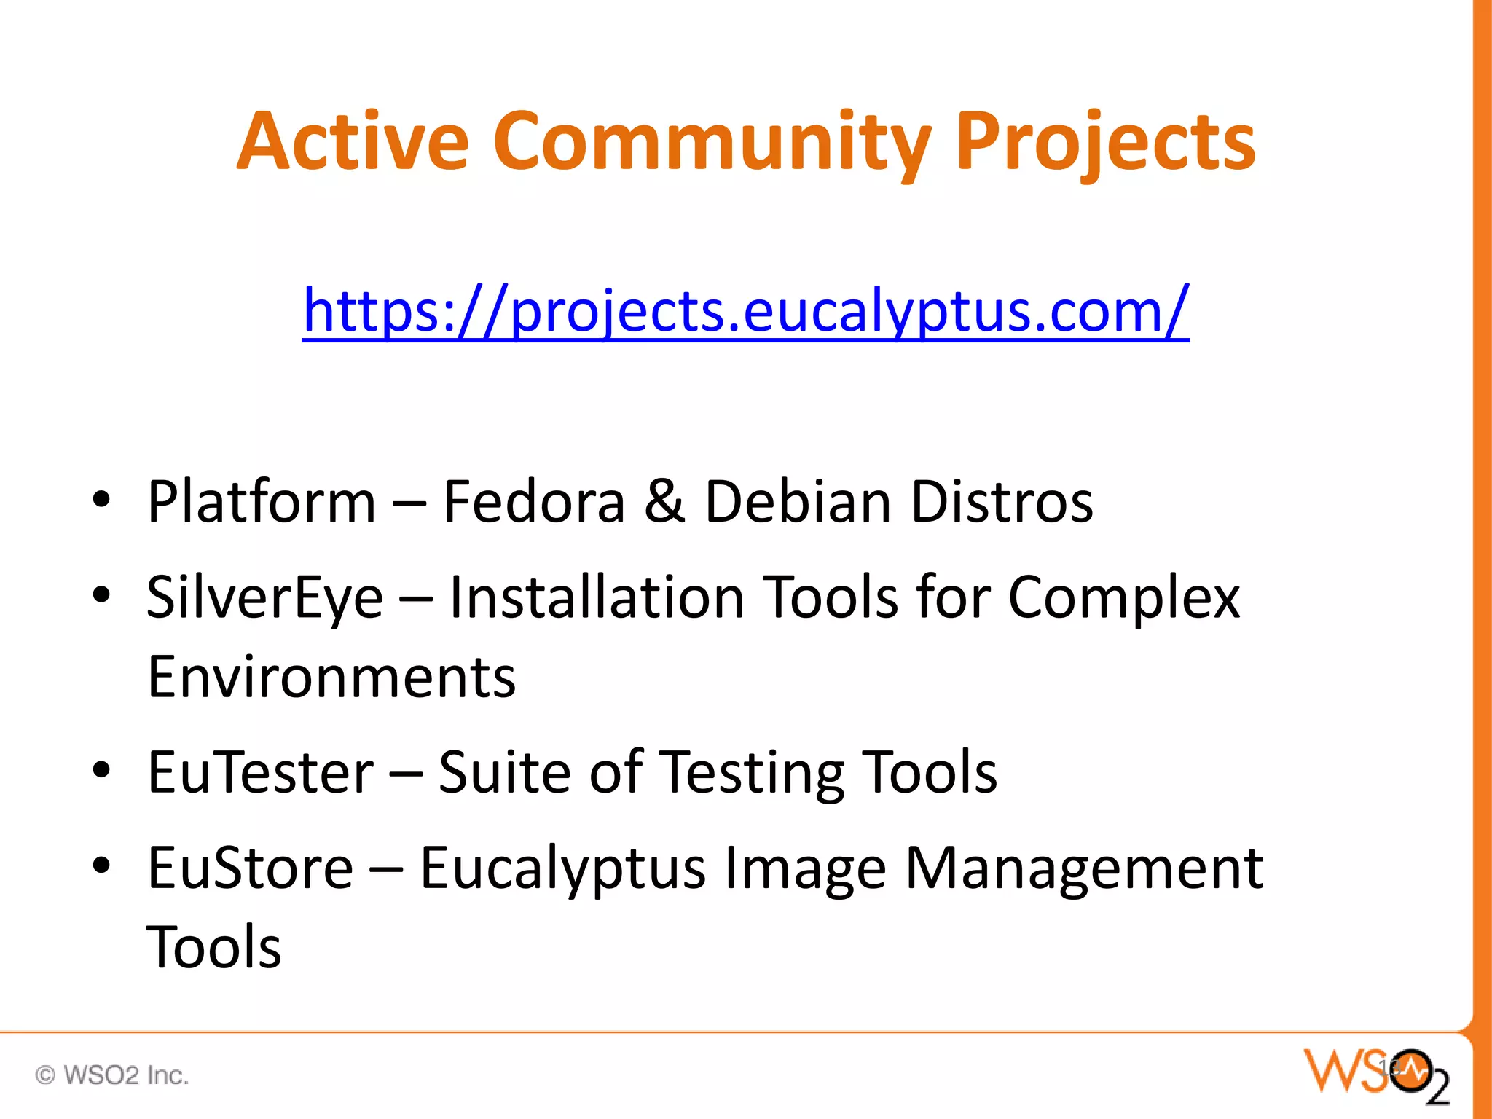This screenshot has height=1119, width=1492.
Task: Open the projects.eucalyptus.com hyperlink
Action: tap(746, 311)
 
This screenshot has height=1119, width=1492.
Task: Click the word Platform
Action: tap(262, 502)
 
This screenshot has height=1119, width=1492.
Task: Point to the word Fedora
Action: tap(534, 502)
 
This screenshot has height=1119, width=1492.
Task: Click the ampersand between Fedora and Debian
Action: tap(664, 502)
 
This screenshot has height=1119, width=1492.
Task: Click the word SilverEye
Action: tap(264, 597)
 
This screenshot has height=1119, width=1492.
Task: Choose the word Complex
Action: tap(1123, 597)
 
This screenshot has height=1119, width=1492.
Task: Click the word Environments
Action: tap(331, 677)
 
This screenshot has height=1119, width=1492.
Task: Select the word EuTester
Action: tap(260, 772)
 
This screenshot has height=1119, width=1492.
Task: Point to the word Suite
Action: tap(504, 772)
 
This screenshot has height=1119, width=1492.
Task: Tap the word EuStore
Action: tap(250, 868)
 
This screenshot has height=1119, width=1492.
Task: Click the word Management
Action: tap(1083, 868)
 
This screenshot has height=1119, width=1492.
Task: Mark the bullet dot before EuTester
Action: tap(101, 769)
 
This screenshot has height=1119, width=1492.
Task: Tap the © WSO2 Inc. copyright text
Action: tap(112, 1075)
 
